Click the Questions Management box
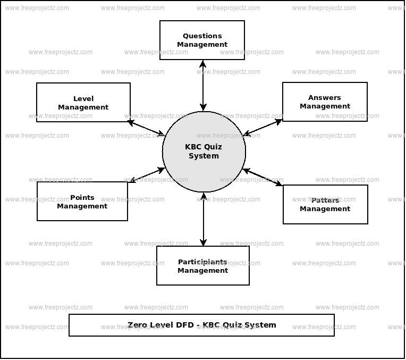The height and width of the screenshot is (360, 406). coord(202,40)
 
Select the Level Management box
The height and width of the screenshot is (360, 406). coord(83,103)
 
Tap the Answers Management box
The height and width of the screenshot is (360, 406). coord(325,102)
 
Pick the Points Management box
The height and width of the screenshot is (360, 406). coord(82,202)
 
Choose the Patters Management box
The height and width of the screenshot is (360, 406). coord(325,205)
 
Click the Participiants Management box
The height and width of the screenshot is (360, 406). coord(202,266)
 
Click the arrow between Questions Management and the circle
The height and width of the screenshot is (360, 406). coord(203,85)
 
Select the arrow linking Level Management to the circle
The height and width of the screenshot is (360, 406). coord(147,128)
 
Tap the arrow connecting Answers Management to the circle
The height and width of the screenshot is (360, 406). coord(263,128)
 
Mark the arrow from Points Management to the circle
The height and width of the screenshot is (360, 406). coord(147,175)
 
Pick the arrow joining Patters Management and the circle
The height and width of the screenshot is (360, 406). coord(263,177)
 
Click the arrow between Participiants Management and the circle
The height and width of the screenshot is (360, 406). coord(204,219)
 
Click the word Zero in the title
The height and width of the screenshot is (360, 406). coord(137,325)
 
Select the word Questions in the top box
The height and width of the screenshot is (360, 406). coord(202,36)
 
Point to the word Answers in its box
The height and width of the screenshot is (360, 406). coord(325,97)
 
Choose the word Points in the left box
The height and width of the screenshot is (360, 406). coord(82,197)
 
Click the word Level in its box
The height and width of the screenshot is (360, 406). coord(83,98)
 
